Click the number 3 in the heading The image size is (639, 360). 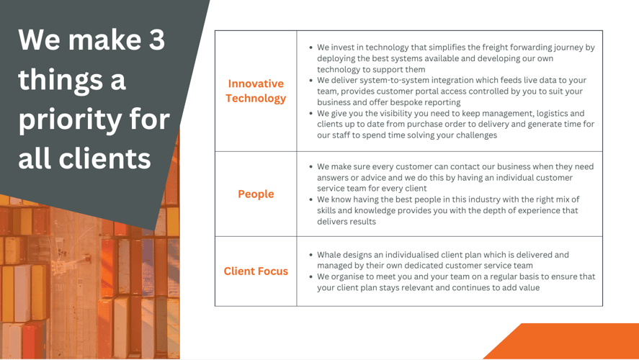tap(156, 40)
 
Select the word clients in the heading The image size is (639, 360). tap(104, 158)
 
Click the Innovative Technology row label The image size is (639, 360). tap(256, 91)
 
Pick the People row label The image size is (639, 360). tap(256, 194)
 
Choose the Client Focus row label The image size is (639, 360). tap(256, 271)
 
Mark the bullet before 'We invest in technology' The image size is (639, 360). tap(311, 48)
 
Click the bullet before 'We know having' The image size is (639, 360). tap(311, 199)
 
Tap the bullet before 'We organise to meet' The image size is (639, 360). tap(311, 277)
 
